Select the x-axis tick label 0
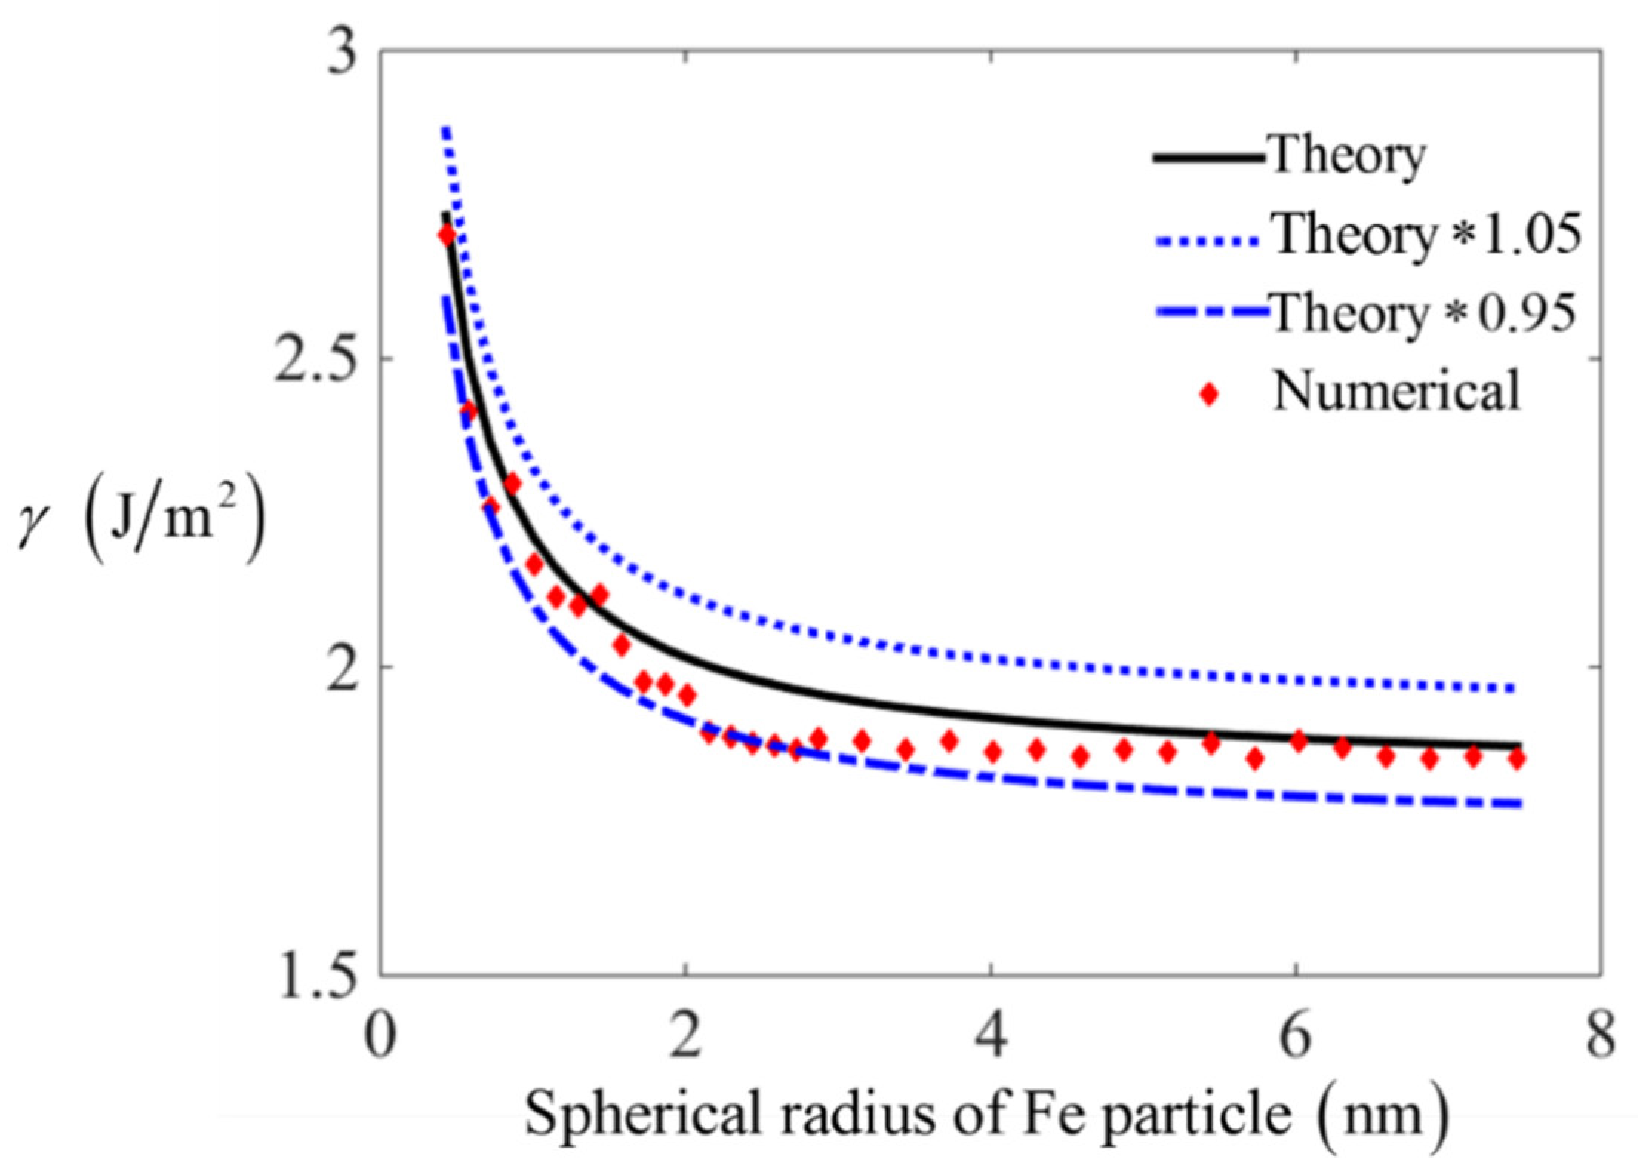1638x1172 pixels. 380,1036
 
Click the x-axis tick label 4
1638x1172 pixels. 991,1036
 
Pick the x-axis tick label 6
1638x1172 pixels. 1296,1036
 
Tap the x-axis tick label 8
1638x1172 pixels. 1600,1036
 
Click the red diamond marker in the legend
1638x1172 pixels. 1209,394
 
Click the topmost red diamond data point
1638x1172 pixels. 447,236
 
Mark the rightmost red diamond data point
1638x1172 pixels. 1517,759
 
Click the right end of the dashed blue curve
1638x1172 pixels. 1519,804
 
